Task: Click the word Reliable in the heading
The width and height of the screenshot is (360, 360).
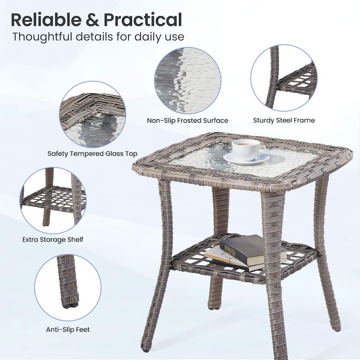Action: (46, 20)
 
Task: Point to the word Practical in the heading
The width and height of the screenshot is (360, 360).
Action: (143, 20)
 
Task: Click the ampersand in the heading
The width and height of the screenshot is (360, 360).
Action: (92, 20)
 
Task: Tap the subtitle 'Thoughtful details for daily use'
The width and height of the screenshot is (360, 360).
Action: (98, 37)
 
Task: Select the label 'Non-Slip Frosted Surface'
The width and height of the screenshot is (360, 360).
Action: (188, 121)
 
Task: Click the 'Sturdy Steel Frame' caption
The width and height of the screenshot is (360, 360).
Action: (284, 120)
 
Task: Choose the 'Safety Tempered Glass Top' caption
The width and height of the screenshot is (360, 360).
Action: (93, 153)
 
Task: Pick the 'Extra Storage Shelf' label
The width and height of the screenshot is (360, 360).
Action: (53, 240)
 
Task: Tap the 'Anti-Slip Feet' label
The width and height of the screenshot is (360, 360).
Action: (68, 330)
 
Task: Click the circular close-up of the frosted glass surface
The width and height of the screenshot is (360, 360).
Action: (188, 81)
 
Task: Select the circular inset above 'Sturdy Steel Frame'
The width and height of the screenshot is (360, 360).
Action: (284, 78)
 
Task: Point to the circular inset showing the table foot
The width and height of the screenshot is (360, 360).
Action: (68, 288)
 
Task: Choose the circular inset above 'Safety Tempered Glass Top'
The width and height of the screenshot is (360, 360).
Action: (93, 114)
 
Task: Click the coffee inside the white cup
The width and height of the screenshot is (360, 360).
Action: (246, 144)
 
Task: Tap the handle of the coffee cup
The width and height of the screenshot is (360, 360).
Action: (263, 150)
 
